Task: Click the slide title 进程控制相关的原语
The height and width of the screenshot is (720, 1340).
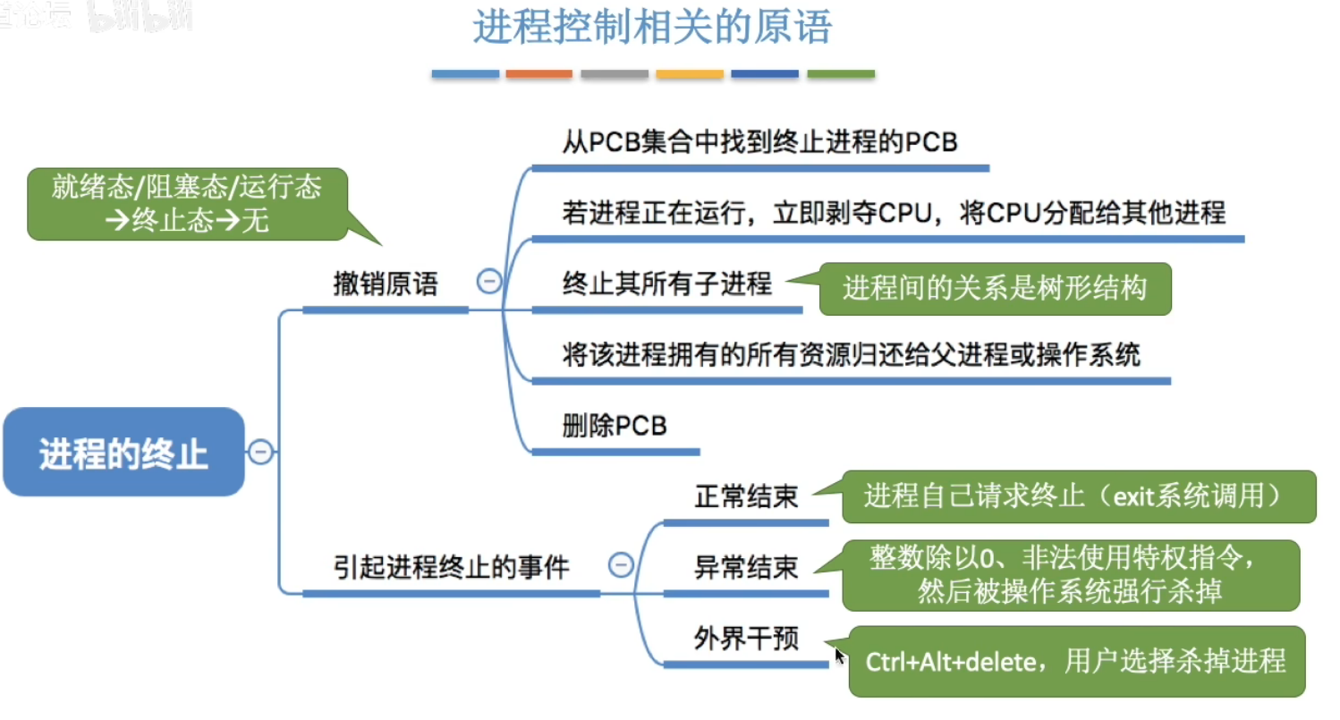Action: (x=652, y=28)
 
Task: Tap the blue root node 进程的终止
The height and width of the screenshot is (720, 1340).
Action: (x=123, y=453)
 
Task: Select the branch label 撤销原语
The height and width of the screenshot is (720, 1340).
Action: (x=385, y=284)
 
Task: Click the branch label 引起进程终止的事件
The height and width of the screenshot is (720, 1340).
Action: (x=452, y=567)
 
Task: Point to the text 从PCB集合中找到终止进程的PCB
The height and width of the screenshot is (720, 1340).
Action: (x=760, y=142)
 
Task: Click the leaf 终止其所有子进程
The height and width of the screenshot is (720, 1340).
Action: (x=666, y=284)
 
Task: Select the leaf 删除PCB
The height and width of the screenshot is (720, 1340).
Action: (x=615, y=426)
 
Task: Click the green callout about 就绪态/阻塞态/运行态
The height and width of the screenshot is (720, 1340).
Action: (x=186, y=204)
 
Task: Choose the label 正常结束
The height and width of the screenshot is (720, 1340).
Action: (x=746, y=497)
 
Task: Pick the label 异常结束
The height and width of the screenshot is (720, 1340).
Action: (x=746, y=567)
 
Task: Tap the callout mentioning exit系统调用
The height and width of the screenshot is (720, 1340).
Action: (x=1078, y=496)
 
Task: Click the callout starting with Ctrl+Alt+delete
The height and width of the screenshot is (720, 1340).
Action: (x=1075, y=662)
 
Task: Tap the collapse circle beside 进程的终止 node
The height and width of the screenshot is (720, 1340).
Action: (x=260, y=453)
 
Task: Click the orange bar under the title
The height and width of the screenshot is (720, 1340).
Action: (x=539, y=73)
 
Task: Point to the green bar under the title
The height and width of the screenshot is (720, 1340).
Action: (x=840, y=73)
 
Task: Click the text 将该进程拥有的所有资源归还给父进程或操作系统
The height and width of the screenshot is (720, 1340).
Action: (x=851, y=355)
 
